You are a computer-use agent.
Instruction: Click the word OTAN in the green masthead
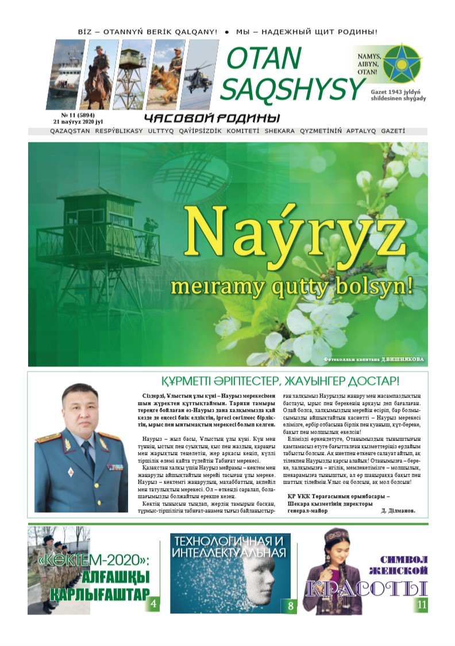coord(264,57)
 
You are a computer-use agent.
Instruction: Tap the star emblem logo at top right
coord(402,63)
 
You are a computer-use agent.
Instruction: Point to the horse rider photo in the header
coord(97,75)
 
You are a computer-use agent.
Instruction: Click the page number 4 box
coord(153,605)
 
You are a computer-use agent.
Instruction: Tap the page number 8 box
coord(291,605)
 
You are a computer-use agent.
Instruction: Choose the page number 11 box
coord(422,605)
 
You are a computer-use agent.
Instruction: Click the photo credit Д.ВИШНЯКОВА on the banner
coord(402,360)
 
